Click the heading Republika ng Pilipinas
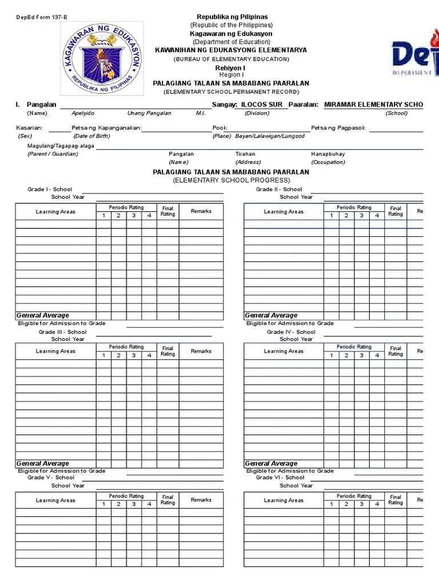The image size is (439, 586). point(232,17)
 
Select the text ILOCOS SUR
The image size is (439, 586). point(262,105)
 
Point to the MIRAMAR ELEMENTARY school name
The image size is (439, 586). point(373,105)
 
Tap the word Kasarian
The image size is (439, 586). point(30,128)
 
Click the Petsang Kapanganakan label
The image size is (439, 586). point(106,128)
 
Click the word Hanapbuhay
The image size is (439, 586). point(328,154)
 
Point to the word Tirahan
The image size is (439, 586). point(245,154)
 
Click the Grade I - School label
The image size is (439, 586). point(50,189)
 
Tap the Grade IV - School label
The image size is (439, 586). point(291,332)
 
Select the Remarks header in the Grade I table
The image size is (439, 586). point(201,211)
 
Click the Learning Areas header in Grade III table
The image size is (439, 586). point(55,351)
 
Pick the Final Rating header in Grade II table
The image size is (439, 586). point(396,211)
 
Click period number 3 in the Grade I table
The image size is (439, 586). point(134,216)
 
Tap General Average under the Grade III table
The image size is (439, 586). point(43,464)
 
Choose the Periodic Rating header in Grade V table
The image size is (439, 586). point(126,496)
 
